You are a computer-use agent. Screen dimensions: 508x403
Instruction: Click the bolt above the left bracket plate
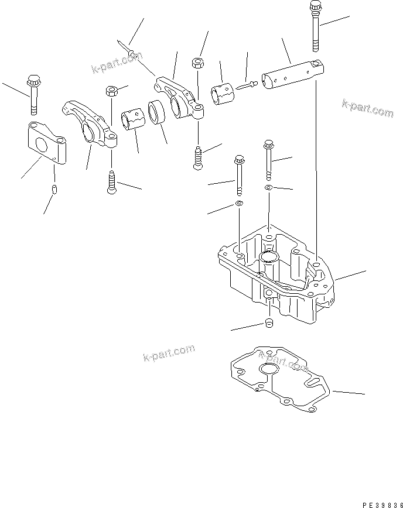(32, 94)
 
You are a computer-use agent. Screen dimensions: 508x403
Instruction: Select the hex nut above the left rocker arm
(110, 91)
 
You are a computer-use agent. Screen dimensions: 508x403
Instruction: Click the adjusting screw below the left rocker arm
(111, 181)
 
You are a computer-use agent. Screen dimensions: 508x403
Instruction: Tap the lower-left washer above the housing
(239, 204)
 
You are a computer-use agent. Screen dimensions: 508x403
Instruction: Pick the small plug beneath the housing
(269, 324)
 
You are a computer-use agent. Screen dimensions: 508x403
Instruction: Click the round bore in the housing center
(270, 258)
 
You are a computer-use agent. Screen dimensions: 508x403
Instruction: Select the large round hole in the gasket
(270, 369)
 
